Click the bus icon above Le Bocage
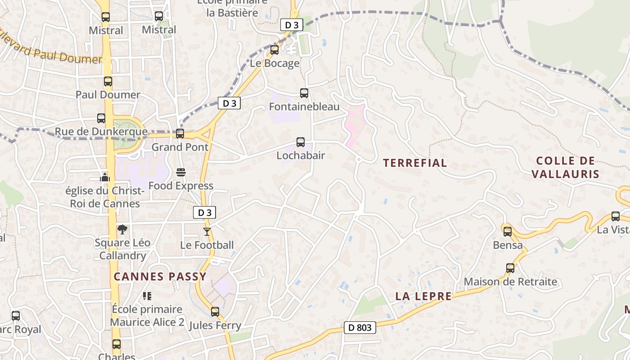[274, 50]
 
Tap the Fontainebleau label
[304, 107]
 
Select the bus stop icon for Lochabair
[301, 142]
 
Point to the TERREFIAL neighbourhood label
[415, 163]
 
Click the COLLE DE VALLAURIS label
[566, 167]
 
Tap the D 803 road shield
[360, 328]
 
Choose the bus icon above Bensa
[508, 232]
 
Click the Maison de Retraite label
[510, 282]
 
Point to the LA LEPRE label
[423, 296]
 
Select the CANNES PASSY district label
[160, 277]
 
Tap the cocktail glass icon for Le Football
[207, 232]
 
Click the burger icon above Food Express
[181, 172]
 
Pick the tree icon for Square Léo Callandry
[122, 229]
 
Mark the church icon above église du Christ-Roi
[105, 177]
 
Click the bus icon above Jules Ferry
[215, 311]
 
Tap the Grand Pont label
[180, 147]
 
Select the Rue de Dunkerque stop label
[101, 132]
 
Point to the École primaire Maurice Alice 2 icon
[147, 296]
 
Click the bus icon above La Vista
[615, 216]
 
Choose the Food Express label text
[181, 186]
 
